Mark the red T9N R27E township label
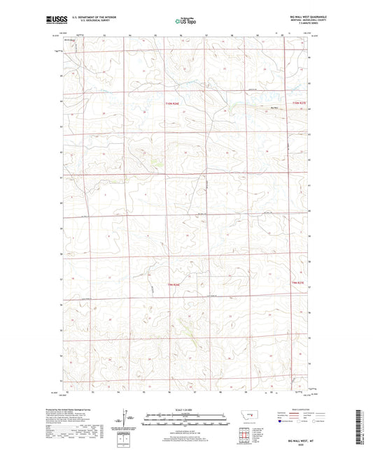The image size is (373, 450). (299, 282)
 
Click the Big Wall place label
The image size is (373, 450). (275, 108)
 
